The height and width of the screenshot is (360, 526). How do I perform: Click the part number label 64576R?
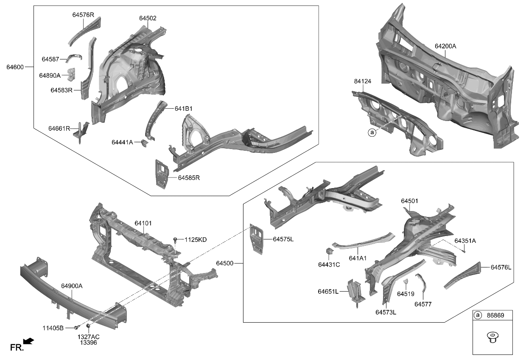pos(83,15)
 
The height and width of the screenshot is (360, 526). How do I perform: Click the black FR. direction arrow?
pos(29,341)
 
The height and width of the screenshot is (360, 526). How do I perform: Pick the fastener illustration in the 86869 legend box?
pos(492,338)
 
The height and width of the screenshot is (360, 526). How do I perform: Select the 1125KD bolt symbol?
pos(175,241)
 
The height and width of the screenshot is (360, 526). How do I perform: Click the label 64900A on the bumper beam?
pos(71,286)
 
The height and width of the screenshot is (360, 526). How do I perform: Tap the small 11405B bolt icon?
pos(76,327)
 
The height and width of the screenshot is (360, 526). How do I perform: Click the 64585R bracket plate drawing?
pos(162,173)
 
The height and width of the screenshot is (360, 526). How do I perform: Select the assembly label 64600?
pos(15,67)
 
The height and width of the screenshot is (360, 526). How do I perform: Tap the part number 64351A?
pos(465,241)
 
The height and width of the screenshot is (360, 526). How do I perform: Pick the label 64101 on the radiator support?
pos(143,223)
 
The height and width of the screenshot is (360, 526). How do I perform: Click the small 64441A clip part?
pos(145,143)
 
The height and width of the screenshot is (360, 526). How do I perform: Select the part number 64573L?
pos(386,312)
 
